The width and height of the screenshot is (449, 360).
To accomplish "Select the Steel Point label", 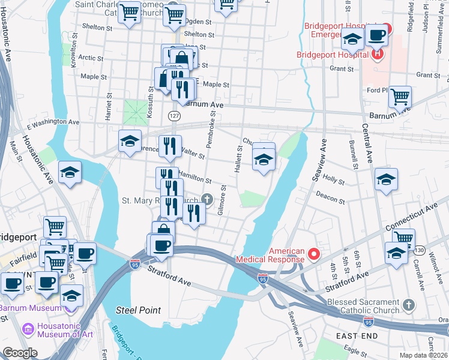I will [x=138, y=310].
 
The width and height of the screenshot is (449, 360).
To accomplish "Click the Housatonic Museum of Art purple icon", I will [x=27, y=329].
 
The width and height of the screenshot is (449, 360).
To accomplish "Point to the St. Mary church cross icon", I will [x=207, y=199].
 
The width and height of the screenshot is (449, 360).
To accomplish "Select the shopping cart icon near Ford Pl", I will [x=400, y=96].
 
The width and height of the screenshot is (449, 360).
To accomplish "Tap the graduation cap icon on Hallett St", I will [x=263, y=160].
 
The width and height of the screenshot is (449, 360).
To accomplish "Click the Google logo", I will [x=20, y=353].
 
